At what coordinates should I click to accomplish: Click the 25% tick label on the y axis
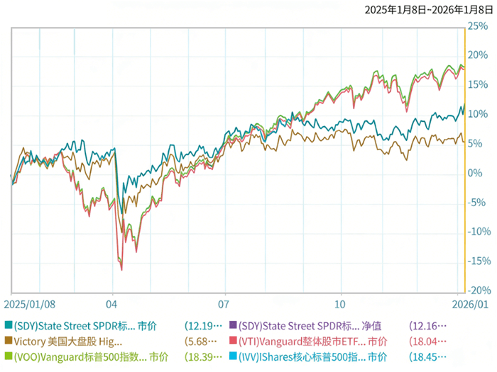477,26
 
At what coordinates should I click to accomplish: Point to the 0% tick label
474,173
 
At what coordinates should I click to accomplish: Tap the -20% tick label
477,291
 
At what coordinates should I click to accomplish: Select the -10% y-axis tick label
477,232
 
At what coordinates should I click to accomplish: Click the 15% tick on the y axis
477,84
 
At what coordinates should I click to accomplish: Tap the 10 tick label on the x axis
342,303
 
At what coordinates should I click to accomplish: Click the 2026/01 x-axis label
471,303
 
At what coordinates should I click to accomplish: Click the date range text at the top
428,10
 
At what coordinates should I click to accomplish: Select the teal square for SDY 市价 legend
8,326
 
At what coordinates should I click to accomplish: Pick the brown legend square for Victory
8,342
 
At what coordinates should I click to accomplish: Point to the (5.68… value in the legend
202,342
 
